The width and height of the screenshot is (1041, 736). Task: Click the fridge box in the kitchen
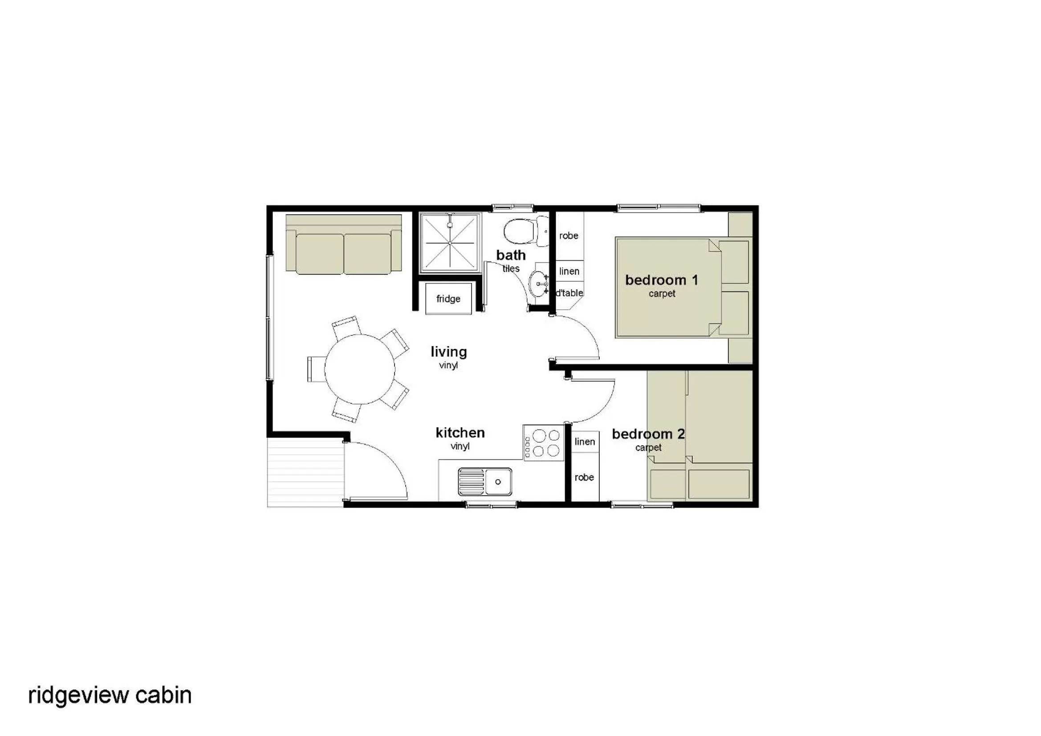click(448, 299)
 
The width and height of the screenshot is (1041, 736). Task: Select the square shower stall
click(450, 243)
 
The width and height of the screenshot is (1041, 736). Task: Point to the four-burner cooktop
click(544, 443)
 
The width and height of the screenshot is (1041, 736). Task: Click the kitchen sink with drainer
click(485, 481)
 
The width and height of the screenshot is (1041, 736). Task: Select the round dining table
click(360, 369)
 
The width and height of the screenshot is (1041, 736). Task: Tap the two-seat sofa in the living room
click(343, 245)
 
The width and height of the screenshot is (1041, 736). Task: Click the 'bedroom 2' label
click(648, 434)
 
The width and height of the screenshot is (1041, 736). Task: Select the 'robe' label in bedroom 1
click(569, 236)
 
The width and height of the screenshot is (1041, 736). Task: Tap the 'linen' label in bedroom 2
click(585, 441)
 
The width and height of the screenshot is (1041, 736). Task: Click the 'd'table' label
click(569, 293)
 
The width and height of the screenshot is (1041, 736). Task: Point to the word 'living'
click(448, 352)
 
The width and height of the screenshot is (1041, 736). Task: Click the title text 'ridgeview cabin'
click(110, 695)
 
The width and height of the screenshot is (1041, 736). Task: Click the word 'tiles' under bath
click(511, 269)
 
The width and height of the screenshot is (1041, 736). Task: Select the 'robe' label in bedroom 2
click(584, 477)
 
